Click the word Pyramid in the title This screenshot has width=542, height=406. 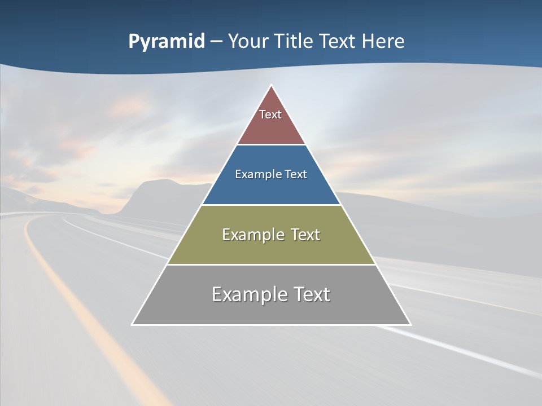click(166, 42)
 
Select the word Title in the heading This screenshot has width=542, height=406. click(294, 41)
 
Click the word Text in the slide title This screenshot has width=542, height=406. click(338, 41)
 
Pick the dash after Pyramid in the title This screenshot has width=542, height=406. click(216, 42)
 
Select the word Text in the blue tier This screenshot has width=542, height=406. click(296, 175)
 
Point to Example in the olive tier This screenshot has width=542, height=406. click(251, 235)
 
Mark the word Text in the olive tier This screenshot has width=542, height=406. click(305, 235)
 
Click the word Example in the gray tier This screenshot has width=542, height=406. click(247, 294)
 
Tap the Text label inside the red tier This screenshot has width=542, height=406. click(270, 114)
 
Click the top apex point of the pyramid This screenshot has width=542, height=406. click(272, 86)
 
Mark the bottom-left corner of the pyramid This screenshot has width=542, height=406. click(132, 324)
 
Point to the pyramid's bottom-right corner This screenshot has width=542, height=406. click(410, 324)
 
